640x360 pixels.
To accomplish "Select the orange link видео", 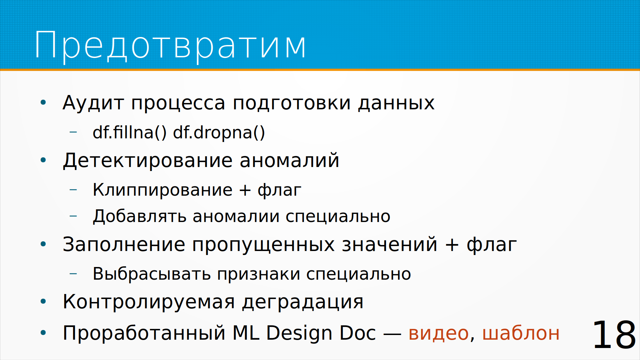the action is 439,333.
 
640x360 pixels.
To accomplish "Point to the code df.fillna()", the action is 129,132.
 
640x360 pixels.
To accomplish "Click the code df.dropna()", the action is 219,132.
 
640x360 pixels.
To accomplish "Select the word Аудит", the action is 93,103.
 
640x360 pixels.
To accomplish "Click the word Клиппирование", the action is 162,190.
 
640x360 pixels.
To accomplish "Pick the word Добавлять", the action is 139,216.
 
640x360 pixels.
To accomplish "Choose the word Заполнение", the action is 124,244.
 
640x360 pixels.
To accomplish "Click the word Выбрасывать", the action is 152,274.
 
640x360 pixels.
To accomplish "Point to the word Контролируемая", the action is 149,302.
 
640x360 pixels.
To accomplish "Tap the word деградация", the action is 303,302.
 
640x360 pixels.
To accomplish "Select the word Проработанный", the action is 144,333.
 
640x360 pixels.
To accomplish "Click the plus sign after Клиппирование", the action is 245,190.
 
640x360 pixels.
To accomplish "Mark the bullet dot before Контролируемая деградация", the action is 43,302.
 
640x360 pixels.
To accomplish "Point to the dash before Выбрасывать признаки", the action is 73,274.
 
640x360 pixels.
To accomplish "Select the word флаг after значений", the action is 492,245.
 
